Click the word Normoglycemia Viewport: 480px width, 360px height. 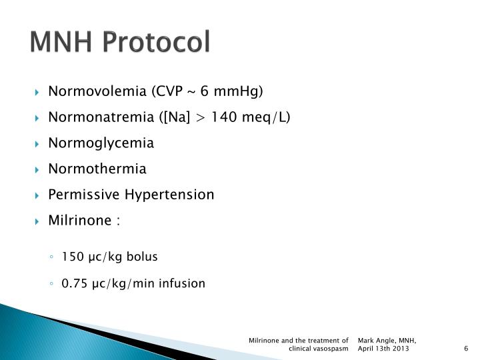coord(101,143)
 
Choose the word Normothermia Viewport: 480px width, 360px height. coord(97,169)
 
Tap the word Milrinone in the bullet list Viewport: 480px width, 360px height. coord(79,221)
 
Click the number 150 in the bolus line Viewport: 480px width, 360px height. coord(71,257)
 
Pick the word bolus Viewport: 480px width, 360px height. coord(143,257)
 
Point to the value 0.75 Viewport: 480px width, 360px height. coord(74,283)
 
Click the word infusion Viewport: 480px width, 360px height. coord(181,283)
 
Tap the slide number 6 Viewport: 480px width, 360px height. coord(466,349)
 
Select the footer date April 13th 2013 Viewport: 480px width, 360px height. coord(384,349)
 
